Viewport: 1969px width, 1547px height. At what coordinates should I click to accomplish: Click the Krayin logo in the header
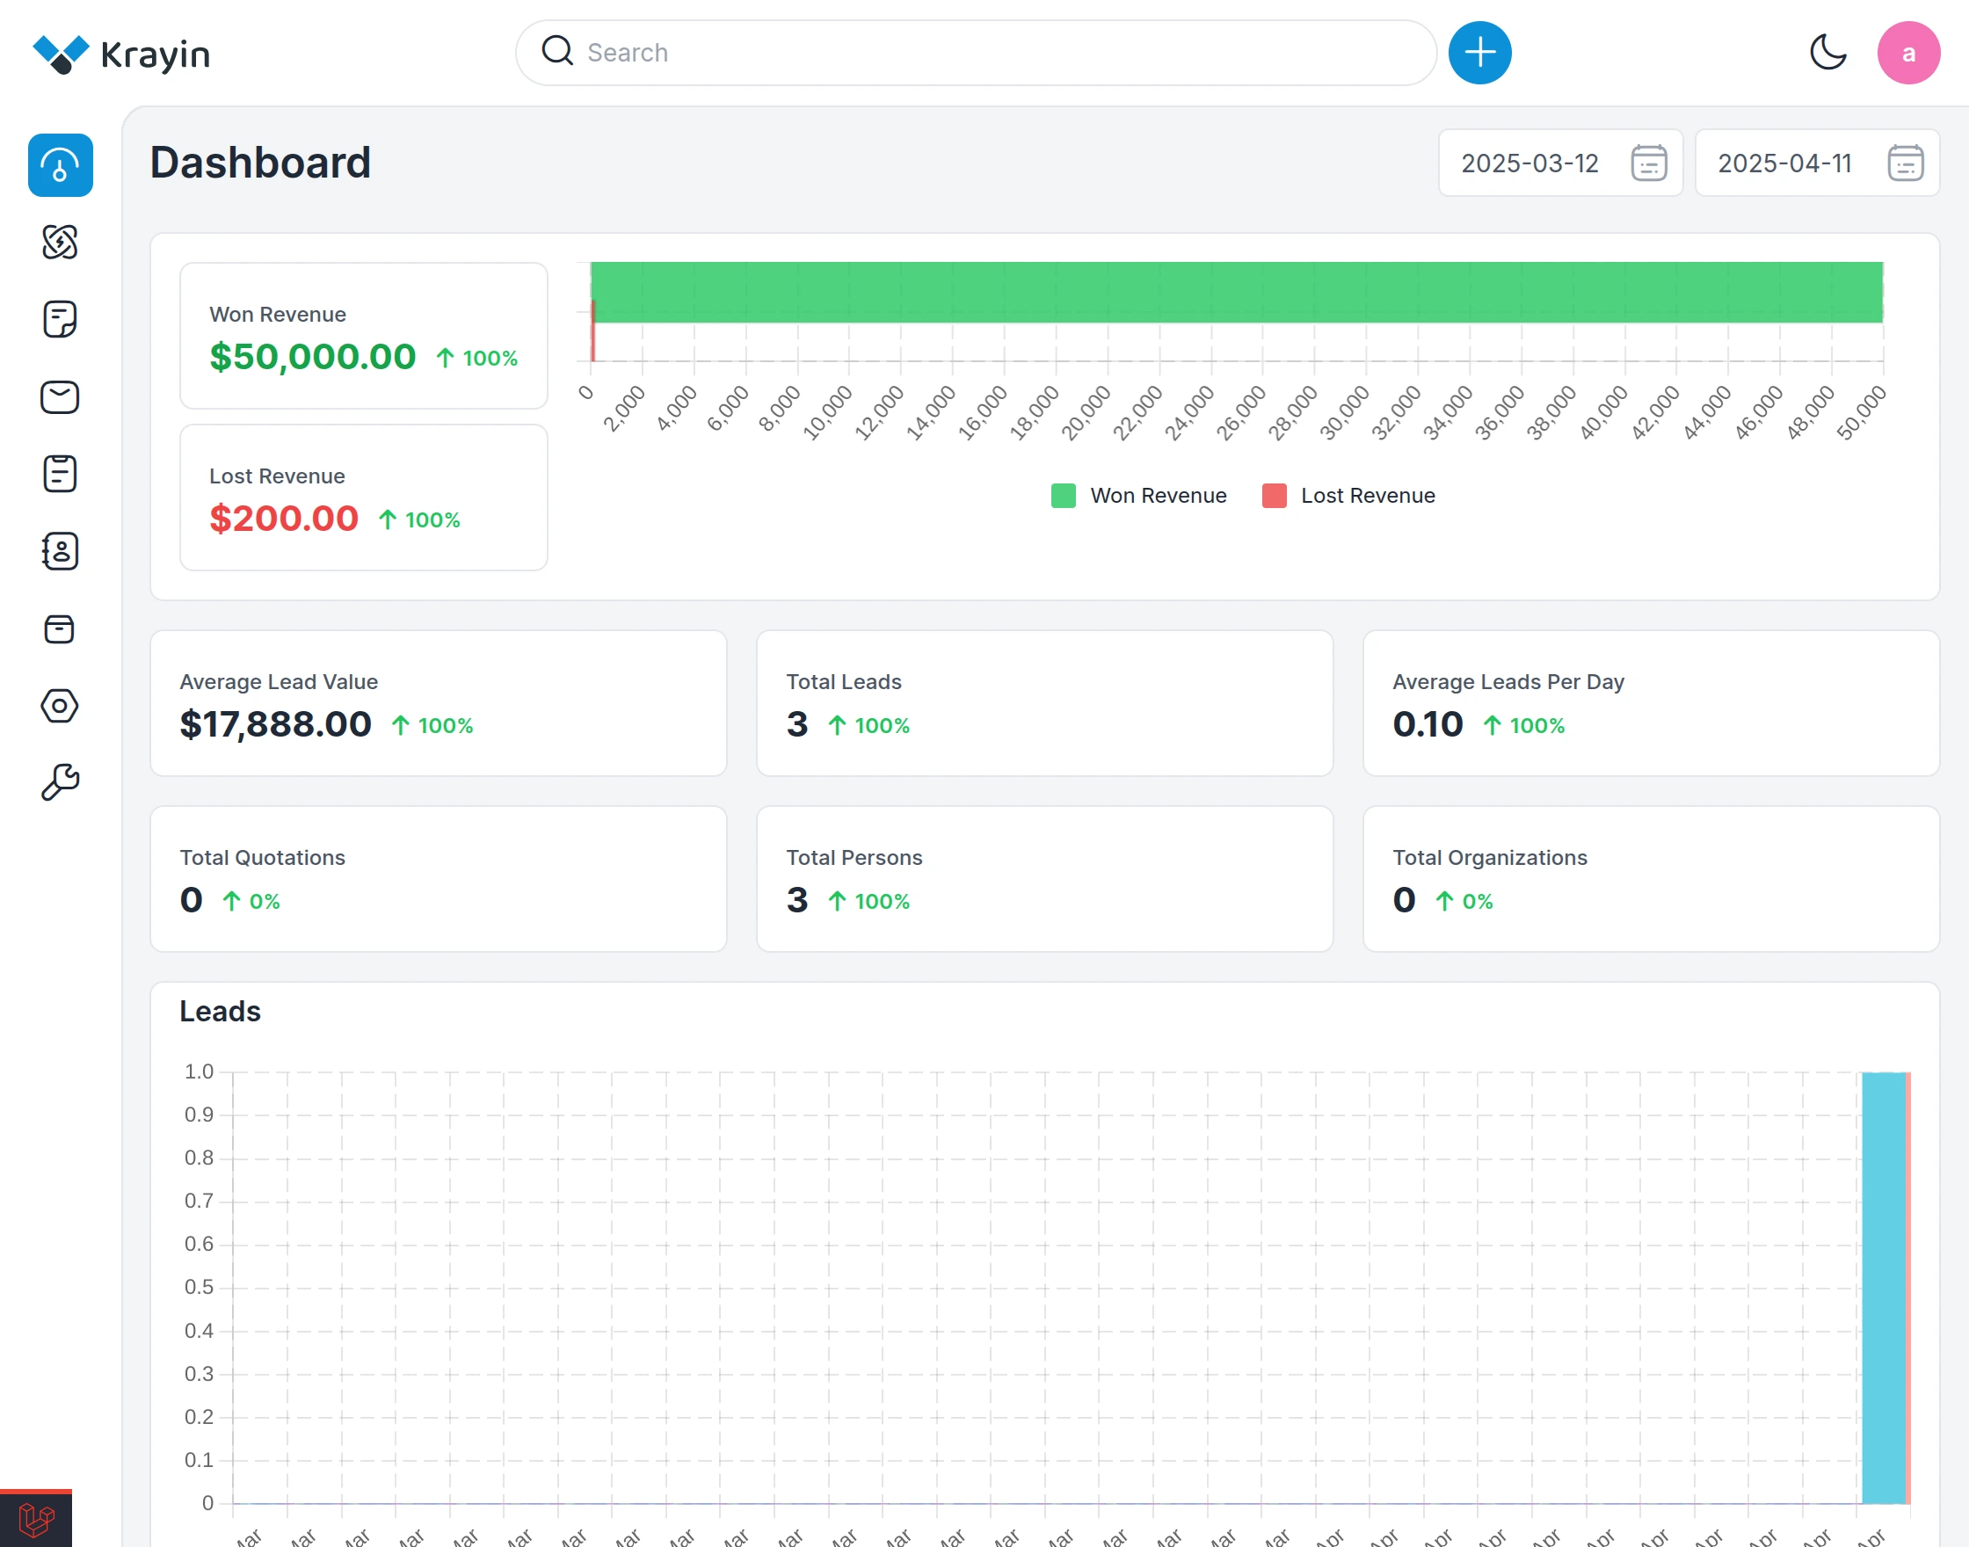pyautogui.click(x=120, y=54)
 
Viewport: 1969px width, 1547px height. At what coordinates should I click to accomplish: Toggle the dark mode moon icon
pyautogui.click(x=1827, y=53)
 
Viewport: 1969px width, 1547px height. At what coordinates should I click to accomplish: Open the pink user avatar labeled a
pyautogui.click(x=1907, y=53)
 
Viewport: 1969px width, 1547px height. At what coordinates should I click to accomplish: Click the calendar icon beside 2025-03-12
pyautogui.click(x=1647, y=163)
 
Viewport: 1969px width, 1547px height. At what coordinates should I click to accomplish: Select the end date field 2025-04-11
pyautogui.click(x=1784, y=163)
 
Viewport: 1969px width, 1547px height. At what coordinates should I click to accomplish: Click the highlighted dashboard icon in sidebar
pyautogui.click(x=60, y=165)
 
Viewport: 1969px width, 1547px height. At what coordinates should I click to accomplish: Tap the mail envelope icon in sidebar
pyautogui.click(x=60, y=396)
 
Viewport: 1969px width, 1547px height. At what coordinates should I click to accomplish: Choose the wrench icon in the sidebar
pyautogui.click(x=60, y=782)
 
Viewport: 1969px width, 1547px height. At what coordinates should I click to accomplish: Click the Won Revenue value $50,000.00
pyautogui.click(x=312, y=357)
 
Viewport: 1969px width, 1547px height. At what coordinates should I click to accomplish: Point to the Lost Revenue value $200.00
pyautogui.click(x=284, y=519)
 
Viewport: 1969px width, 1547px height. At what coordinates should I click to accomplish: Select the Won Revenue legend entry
pyautogui.click(x=1138, y=496)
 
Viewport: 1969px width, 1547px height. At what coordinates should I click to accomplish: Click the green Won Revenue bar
pyautogui.click(x=1236, y=292)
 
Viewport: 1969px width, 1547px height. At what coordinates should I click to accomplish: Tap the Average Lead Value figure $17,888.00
pyautogui.click(x=275, y=724)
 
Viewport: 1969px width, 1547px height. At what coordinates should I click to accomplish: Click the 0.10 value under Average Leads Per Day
pyautogui.click(x=1427, y=724)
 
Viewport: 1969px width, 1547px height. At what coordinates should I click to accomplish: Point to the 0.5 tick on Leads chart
pyautogui.click(x=200, y=1287)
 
